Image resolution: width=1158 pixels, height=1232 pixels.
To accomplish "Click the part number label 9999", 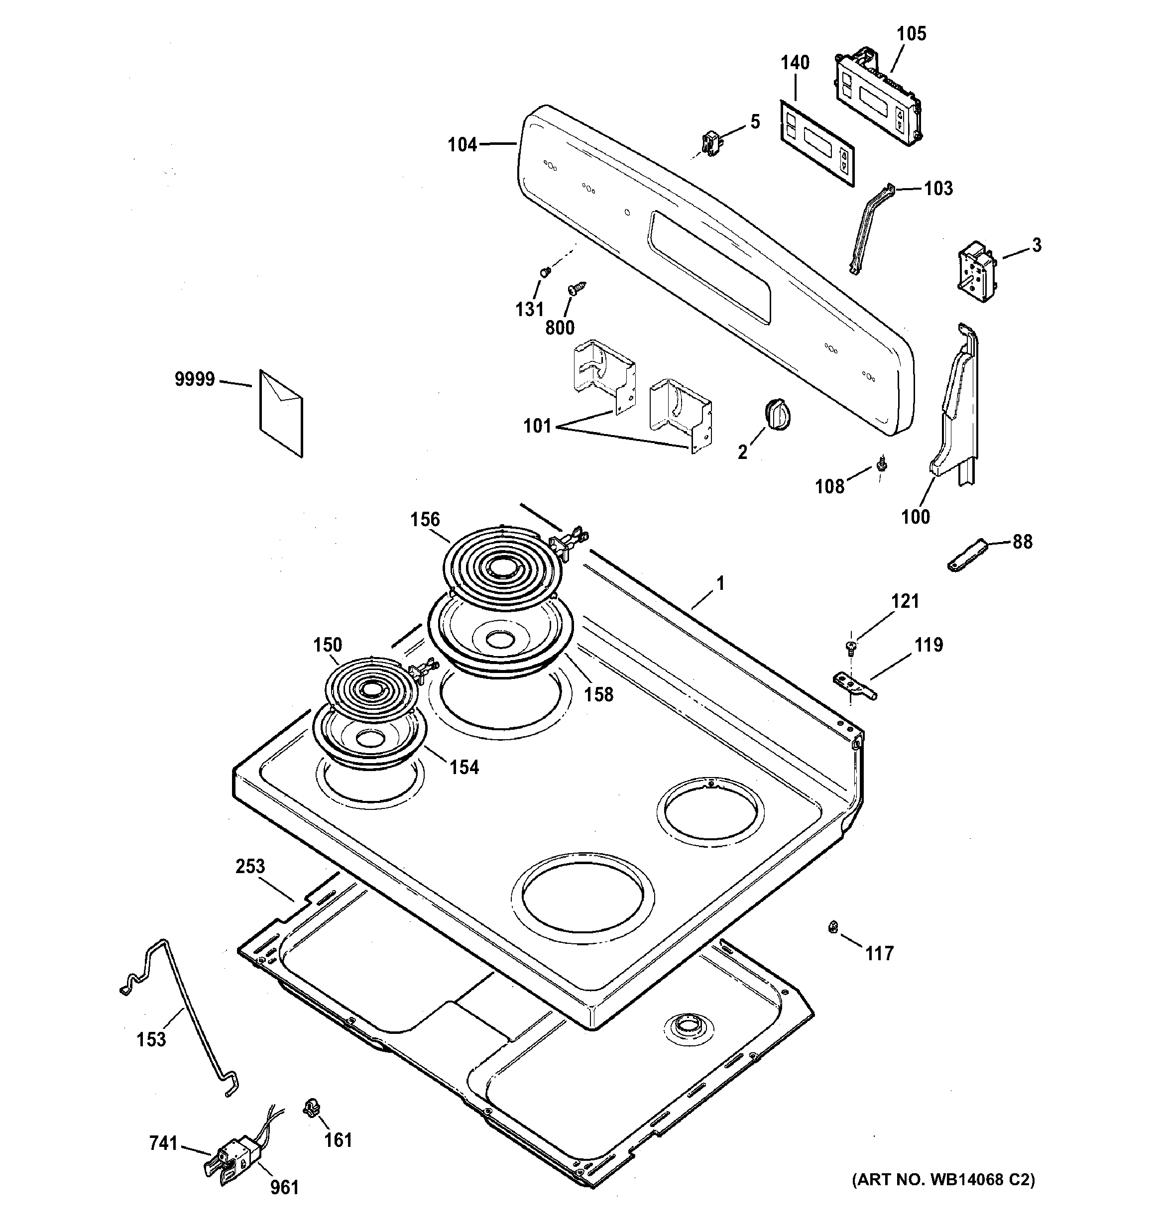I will point(194,379).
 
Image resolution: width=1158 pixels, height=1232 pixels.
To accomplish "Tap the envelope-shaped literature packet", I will point(281,413).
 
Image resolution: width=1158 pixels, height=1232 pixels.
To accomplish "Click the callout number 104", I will point(463,145).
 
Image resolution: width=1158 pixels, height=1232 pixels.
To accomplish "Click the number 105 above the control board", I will point(911,33).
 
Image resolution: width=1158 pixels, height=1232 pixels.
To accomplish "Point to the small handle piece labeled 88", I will point(966,555).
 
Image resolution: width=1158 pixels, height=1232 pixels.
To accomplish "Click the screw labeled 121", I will point(850,647).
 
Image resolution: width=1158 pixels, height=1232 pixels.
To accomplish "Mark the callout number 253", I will point(250,866).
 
